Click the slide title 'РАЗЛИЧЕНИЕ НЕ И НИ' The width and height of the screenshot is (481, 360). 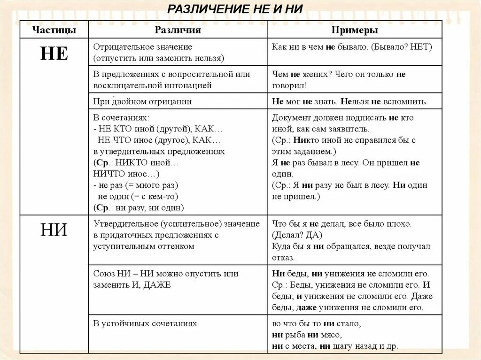(235, 9)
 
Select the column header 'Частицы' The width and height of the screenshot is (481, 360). (54, 30)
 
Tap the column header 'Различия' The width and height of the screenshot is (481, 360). (178, 30)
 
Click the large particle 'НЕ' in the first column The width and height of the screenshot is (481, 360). (54, 54)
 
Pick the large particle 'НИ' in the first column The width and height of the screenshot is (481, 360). (54, 230)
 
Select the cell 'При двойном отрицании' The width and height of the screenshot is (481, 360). (142, 101)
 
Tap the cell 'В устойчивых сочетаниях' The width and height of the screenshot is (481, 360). (145, 323)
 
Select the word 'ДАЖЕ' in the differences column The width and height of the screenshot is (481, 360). (156, 284)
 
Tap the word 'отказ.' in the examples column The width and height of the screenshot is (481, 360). (283, 258)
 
